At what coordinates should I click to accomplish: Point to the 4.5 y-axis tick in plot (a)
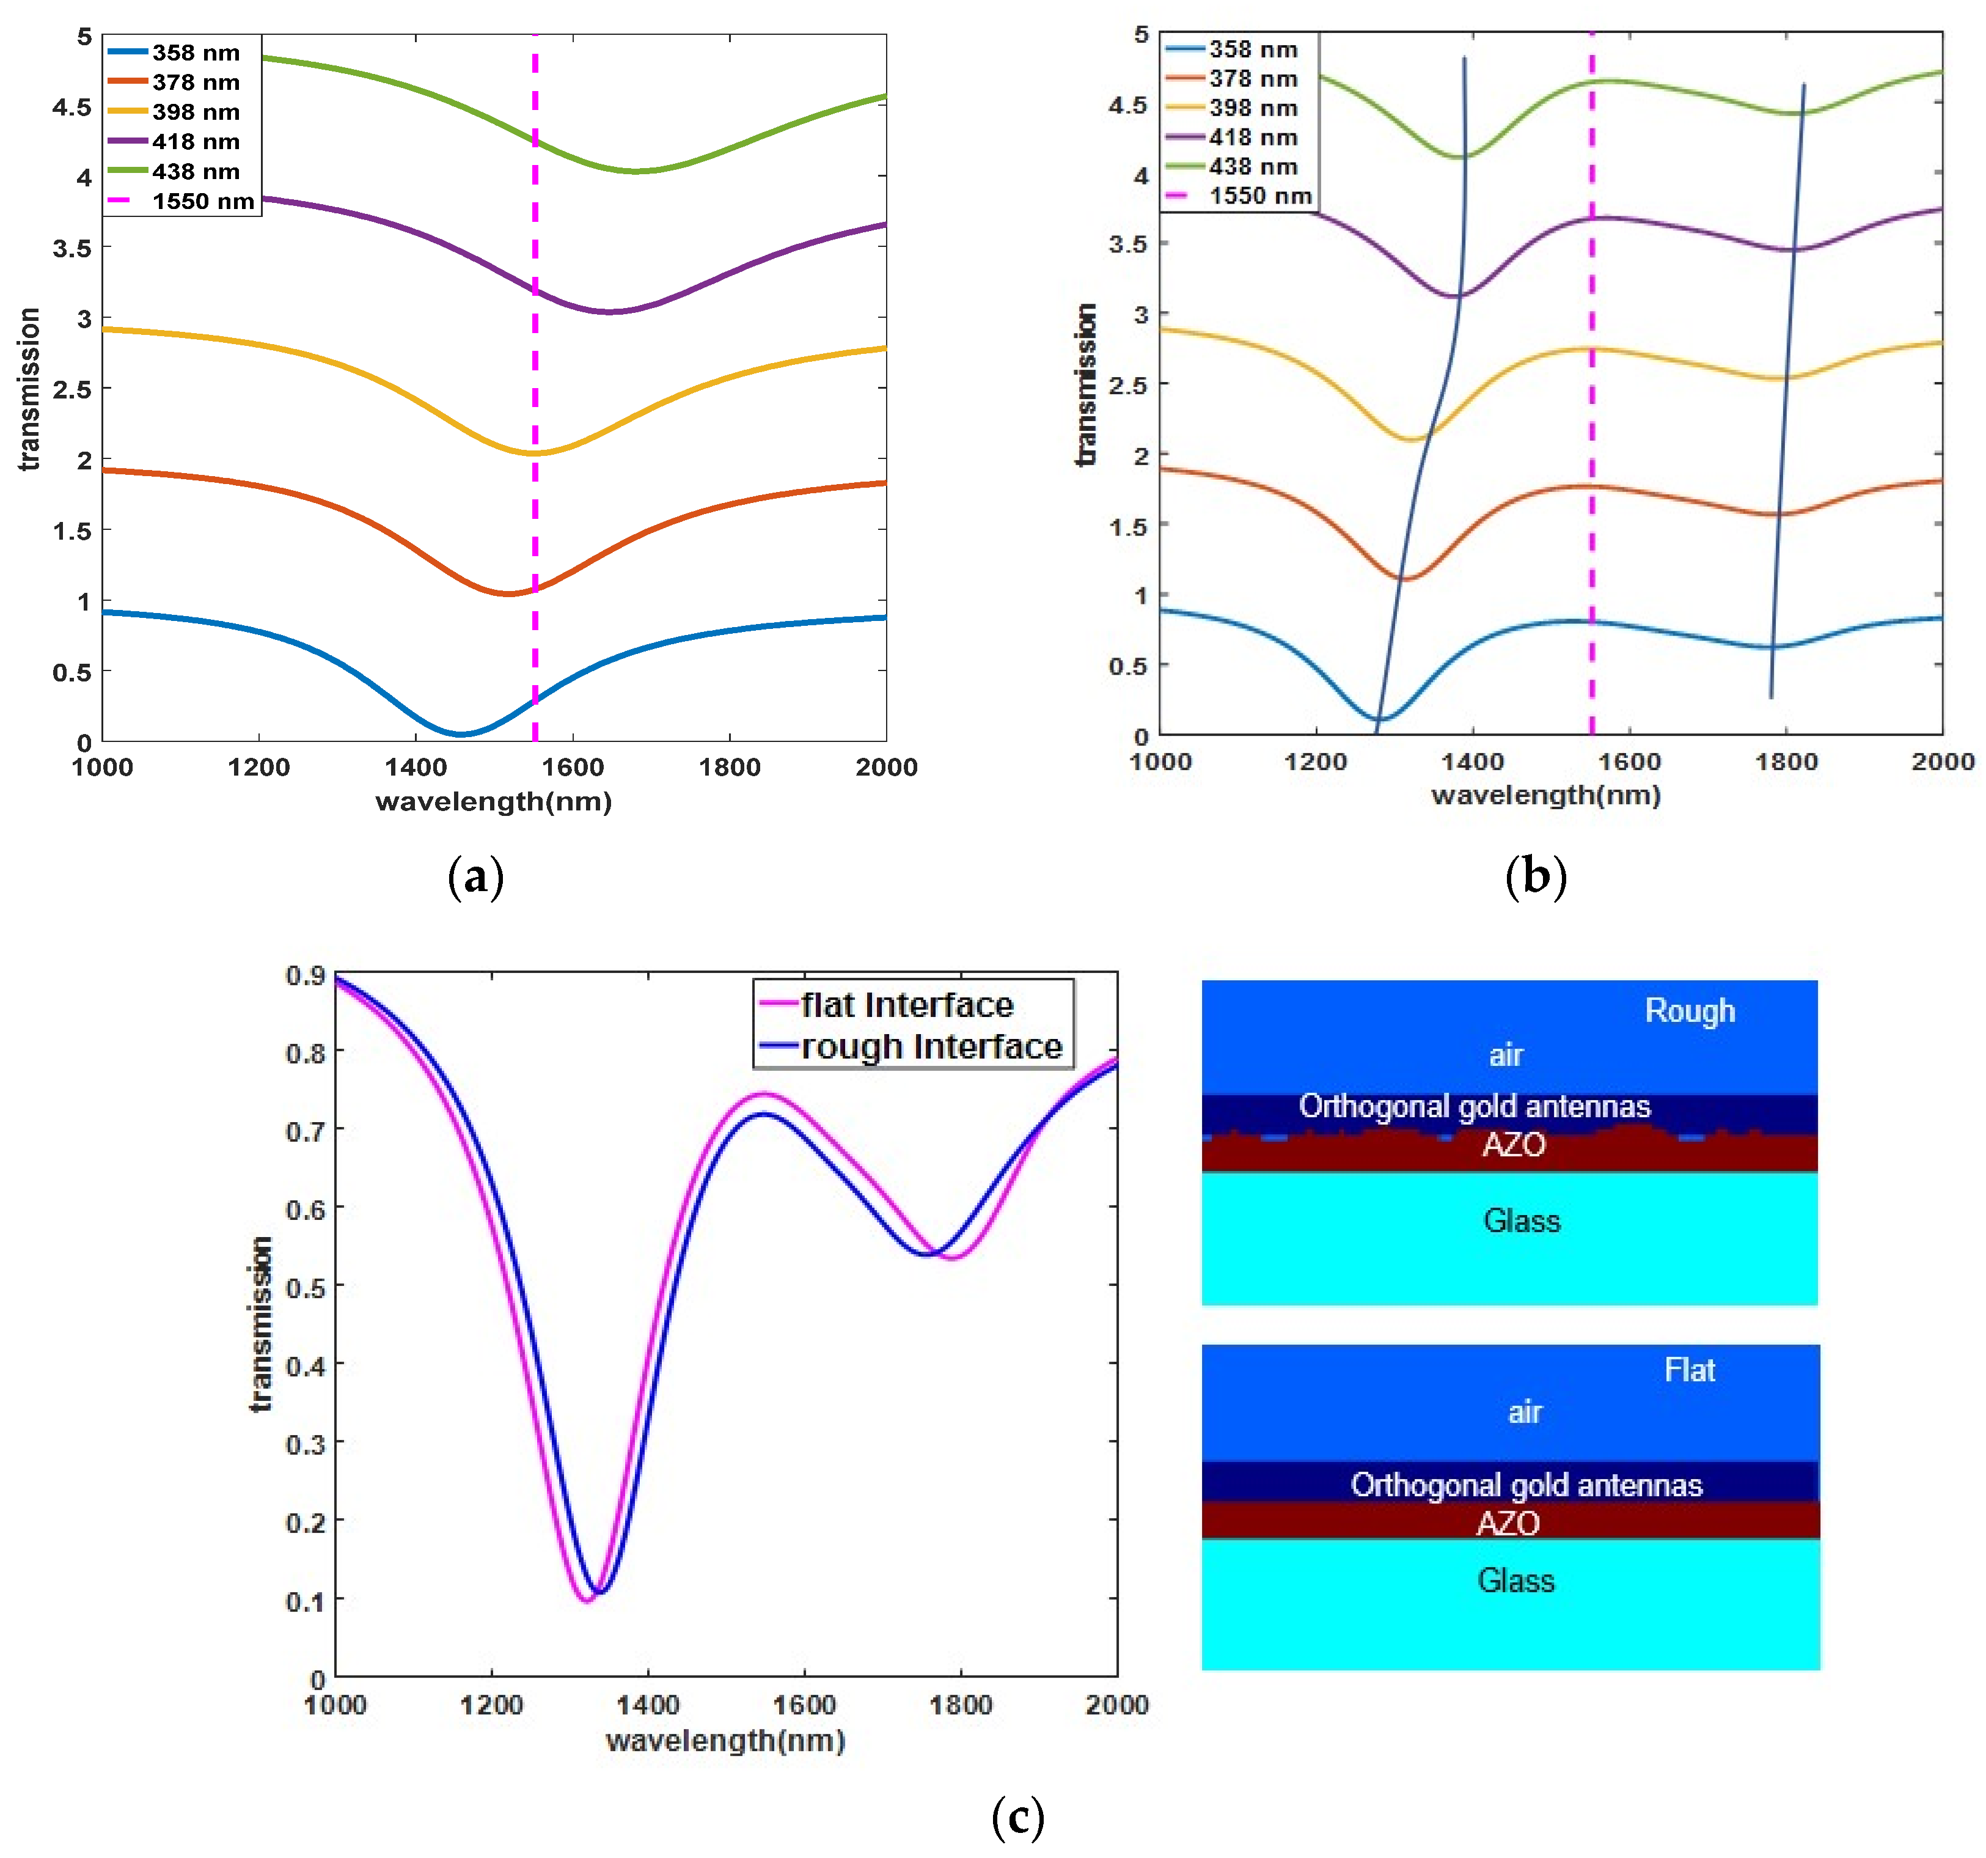click(x=72, y=107)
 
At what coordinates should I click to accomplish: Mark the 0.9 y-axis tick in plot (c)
click(x=306, y=975)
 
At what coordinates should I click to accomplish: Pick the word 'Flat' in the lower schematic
click(x=1688, y=1370)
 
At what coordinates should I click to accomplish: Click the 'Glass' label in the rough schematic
click(x=1520, y=1221)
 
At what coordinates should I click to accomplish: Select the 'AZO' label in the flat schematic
click(x=1508, y=1523)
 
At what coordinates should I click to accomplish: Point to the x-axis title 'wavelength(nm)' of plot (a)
click(x=494, y=801)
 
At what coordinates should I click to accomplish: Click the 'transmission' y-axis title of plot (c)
click(x=261, y=1324)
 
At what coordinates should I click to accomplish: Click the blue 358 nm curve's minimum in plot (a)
click(x=460, y=734)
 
